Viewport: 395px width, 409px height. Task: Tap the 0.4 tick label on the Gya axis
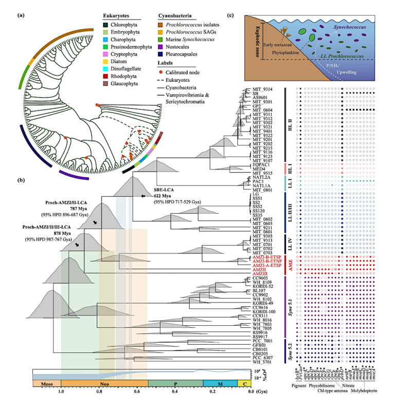coord(175,392)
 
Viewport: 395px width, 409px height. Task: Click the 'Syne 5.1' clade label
coord(286,307)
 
